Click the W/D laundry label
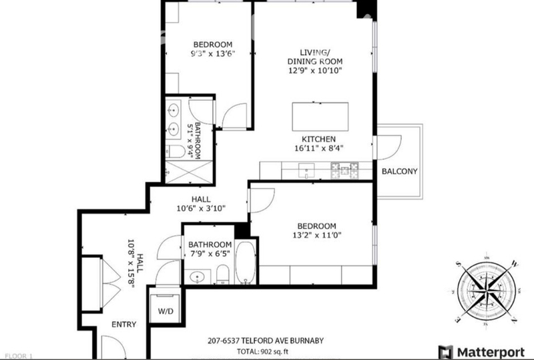pos(166,311)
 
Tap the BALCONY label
pos(399,171)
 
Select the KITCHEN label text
pos(318,139)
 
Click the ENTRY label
pos(124,324)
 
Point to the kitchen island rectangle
pos(320,117)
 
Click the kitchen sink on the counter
pos(306,170)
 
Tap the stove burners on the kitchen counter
pos(344,170)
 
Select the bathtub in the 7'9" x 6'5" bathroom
pos(246,262)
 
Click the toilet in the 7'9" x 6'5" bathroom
pos(224,274)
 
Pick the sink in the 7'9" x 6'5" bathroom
pos(197,277)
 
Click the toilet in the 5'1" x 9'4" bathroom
pos(176,152)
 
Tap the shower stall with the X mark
pos(189,172)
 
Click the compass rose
pos(487,291)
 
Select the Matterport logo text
pos(491,352)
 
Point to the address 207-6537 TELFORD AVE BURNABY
pos(266,341)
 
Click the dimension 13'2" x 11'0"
pos(316,235)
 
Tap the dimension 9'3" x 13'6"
pos(213,53)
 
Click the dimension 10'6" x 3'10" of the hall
pos(201,208)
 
